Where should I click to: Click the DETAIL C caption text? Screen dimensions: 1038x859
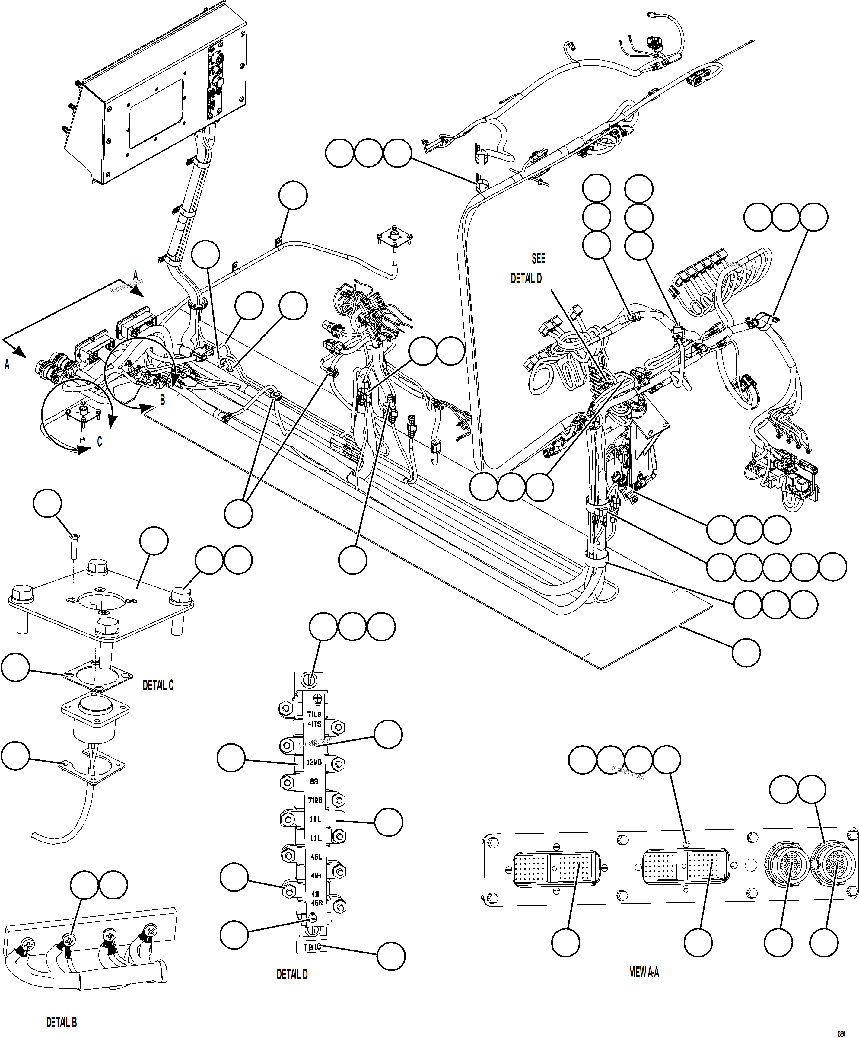pos(158,685)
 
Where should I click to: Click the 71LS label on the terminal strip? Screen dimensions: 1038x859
pos(314,714)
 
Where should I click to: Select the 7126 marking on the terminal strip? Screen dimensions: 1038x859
pos(315,800)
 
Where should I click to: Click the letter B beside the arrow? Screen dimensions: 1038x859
pos(162,399)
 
